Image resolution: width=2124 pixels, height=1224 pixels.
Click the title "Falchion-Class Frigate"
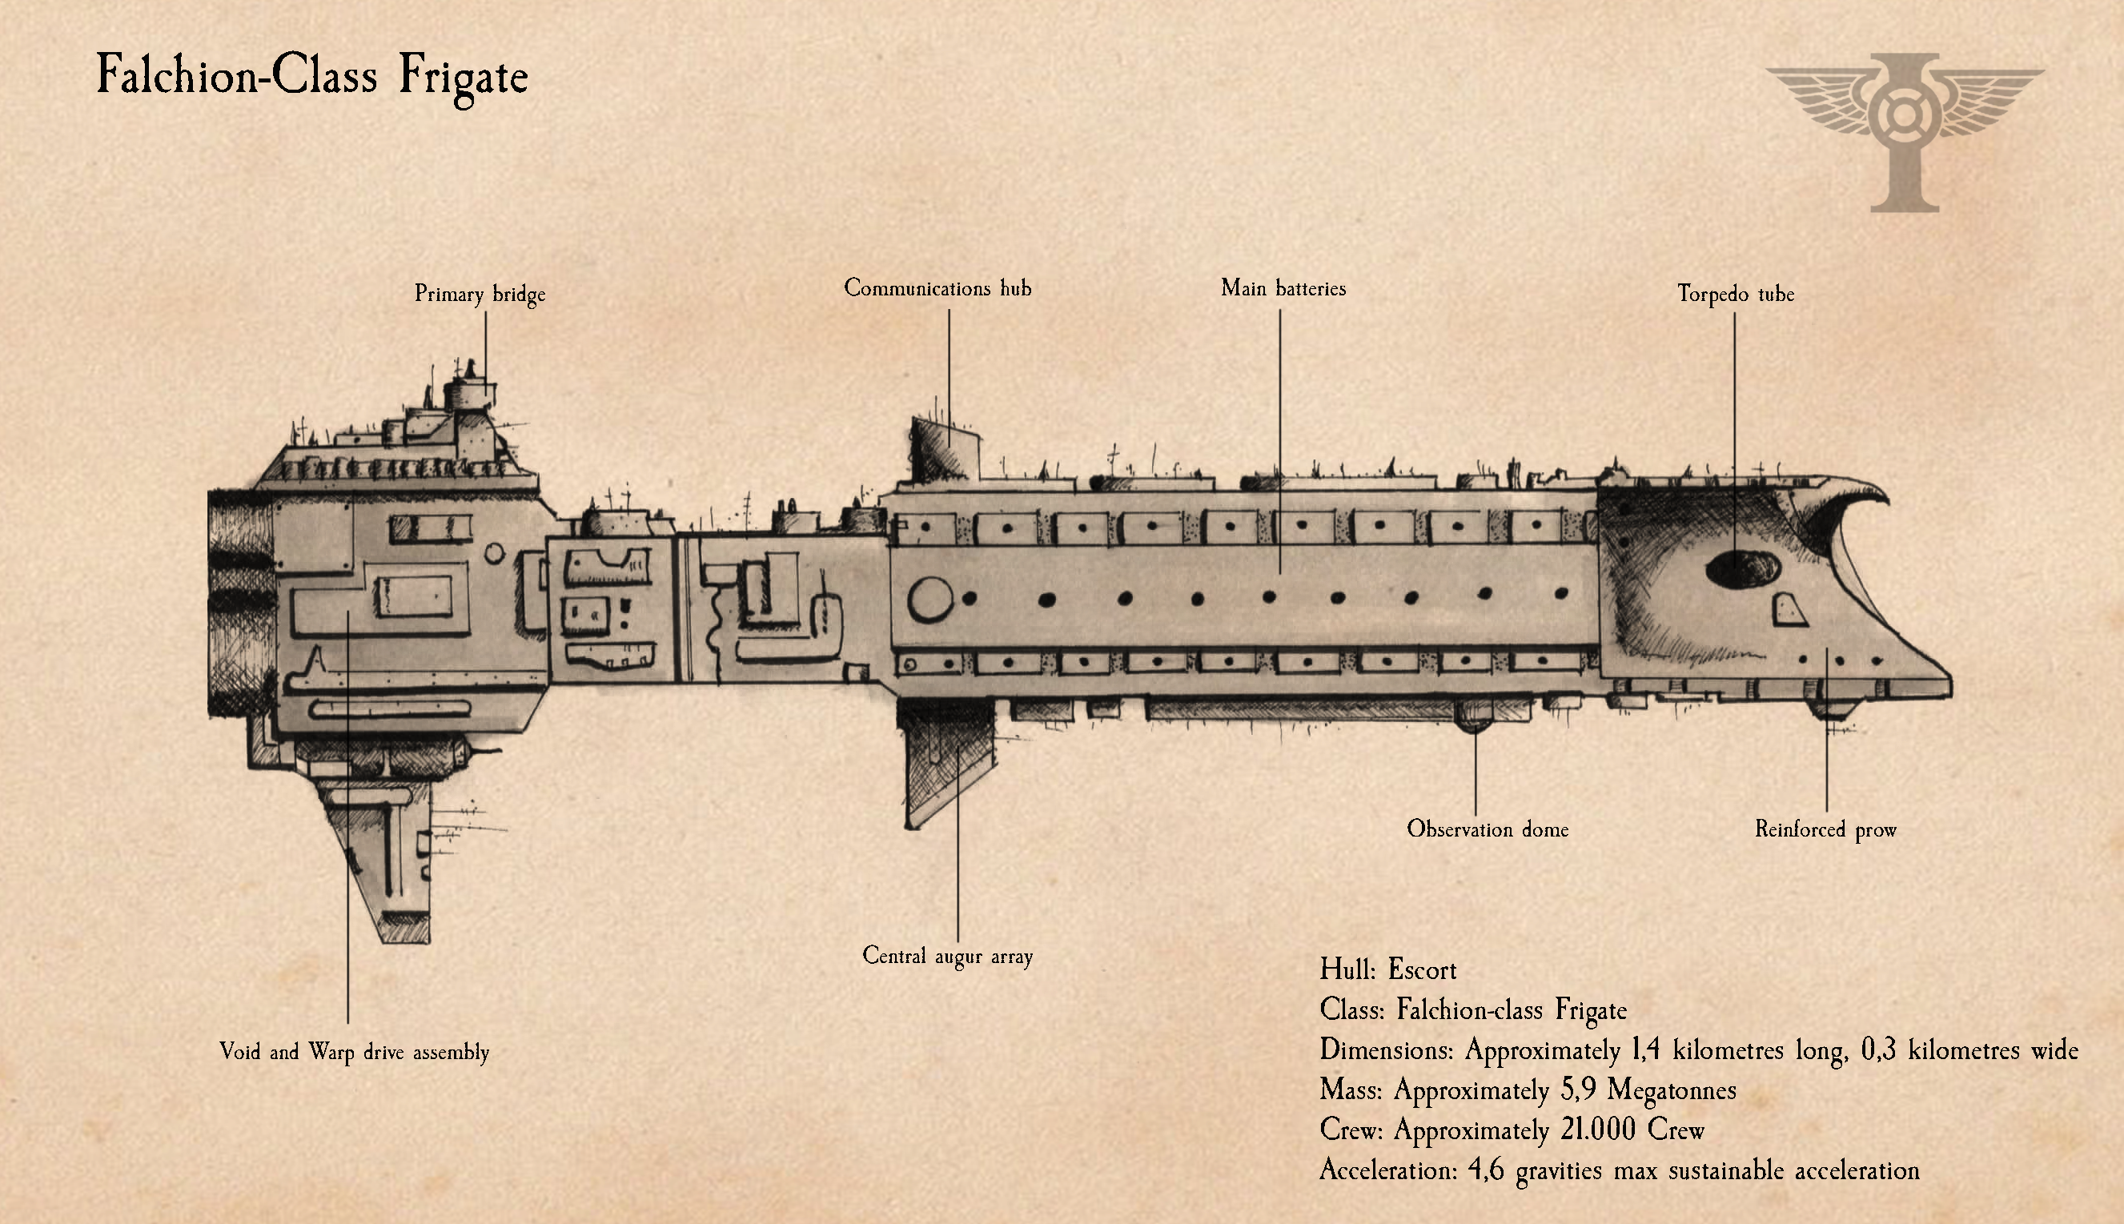click(311, 76)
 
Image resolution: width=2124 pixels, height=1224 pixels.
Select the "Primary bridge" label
click(480, 295)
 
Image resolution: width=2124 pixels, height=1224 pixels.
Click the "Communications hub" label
click(938, 288)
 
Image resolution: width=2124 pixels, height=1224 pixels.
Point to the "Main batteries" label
click(1283, 288)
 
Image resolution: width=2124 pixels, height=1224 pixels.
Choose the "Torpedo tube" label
click(1736, 295)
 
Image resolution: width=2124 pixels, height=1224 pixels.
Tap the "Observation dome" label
click(1487, 829)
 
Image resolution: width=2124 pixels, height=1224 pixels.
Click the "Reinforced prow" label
click(1825, 829)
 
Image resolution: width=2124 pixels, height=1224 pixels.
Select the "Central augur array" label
click(947, 956)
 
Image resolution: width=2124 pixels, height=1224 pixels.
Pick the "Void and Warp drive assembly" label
click(354, 1052)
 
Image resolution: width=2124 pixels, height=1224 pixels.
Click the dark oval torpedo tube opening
click(1742, 569)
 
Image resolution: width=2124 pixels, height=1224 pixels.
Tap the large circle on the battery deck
click(930, 600)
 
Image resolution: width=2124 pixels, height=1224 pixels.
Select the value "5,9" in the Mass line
click(1578, 1090)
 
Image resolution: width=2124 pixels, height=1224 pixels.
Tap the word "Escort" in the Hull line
click(1422, 970)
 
